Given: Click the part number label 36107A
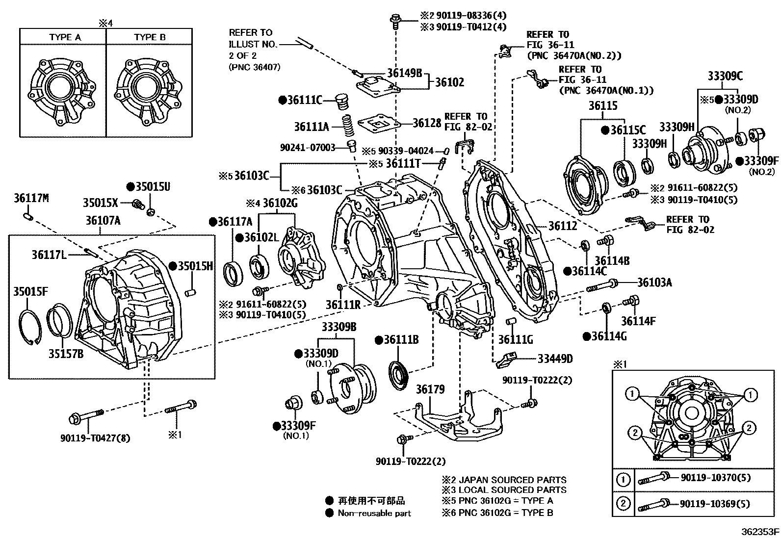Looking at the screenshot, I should tap(103, 220).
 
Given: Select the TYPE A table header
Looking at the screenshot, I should tap(65, 37).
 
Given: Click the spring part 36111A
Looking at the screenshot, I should tap(347, 127).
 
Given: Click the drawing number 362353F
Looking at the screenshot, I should tap(760, 532).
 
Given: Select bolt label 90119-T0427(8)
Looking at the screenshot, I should tap(95, 438).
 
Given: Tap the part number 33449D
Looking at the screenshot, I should tap(555, 359).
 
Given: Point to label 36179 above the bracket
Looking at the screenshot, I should tap(430, 389).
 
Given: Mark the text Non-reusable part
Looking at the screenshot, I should tap(374, 513).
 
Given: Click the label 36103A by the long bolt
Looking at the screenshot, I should tap(654, 282).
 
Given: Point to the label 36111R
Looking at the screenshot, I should tap(343, 305).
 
